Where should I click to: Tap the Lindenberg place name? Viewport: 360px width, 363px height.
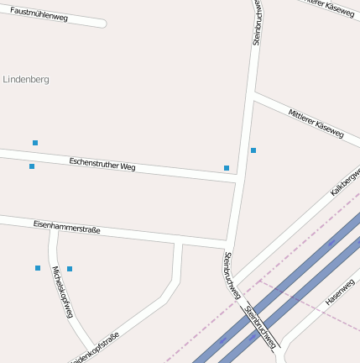tap(26, 80)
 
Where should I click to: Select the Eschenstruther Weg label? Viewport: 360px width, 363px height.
tap(102, 162)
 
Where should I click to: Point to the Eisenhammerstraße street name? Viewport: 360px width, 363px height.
tap(66, 226)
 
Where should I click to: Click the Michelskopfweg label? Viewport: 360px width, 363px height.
tap(63, 292)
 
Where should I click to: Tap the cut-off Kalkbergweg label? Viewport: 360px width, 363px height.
tap(345, 181)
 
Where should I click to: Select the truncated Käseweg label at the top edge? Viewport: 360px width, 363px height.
tap(328, 8)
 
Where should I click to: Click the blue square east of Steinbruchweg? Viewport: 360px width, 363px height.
tap(253, 150)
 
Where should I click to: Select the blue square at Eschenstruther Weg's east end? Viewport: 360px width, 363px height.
tap(227, 168)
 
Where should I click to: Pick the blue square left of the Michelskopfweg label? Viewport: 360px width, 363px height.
tap(38, 268)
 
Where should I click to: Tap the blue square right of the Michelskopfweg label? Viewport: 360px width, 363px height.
tap(70, 269)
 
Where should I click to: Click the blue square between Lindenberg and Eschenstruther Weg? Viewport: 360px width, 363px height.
tap(35, 143)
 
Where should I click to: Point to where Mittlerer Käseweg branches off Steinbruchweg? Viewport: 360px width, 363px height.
tap(253, 97)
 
